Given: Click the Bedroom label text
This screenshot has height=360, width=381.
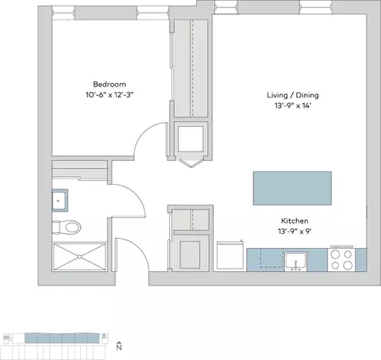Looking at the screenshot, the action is coord(110,85).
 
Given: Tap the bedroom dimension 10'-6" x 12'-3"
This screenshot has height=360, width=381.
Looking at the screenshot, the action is coord(110,94).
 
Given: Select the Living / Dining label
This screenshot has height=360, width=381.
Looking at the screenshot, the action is coord(293,95).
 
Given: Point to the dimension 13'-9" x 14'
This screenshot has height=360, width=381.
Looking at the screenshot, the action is coord(293,105).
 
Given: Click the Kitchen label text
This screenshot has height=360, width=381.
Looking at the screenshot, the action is coord(294,220).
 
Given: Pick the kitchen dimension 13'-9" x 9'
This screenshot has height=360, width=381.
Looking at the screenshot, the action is coord(294,232).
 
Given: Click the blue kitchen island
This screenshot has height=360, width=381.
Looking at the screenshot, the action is coord(292,188).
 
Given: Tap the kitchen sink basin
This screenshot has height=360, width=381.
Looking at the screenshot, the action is coord(296,261).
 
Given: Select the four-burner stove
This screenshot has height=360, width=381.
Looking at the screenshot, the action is coord(341,259).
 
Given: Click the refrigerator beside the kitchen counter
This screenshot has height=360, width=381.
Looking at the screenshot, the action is coord(230,255).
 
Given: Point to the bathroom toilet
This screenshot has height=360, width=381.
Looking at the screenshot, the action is coord(67,227).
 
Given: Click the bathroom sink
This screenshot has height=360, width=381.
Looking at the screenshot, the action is coord(60,201).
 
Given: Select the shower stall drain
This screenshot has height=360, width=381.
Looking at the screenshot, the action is coord(79,256).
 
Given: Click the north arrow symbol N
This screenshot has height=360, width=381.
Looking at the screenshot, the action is coord(119,346).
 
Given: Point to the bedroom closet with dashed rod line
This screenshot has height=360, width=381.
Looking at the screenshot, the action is coord(190,68).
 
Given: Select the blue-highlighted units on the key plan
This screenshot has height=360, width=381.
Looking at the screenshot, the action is coord(62,338).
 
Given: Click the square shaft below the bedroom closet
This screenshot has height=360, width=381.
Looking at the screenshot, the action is coord(190,139).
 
